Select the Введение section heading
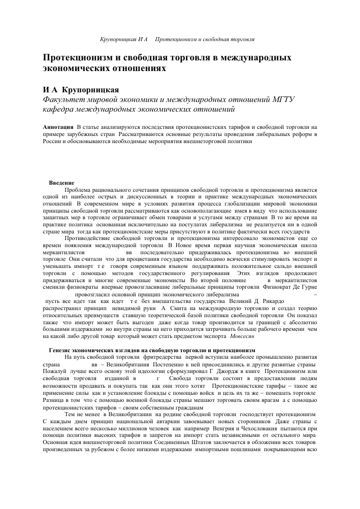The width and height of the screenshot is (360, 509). coord(62,183)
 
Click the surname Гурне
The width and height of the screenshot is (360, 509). coord(308,287)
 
